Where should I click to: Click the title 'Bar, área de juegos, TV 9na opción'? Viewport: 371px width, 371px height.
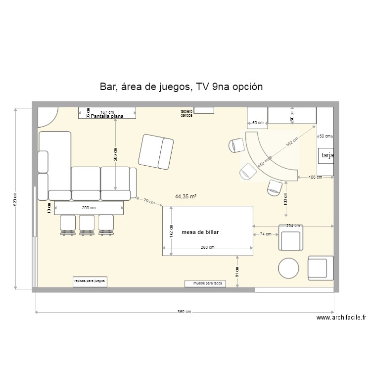tap(181, 87)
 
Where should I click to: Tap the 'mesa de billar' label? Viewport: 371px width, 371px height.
tap(200, 232)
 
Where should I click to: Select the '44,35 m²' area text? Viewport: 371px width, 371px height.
tap(185, 196)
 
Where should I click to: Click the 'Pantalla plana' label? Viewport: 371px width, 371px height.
tap(106, 117)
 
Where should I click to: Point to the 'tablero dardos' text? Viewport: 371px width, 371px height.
tap(186, 113)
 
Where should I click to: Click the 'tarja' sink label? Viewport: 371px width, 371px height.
tap(327, 156)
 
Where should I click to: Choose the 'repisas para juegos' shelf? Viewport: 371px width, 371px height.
tap(90, 281)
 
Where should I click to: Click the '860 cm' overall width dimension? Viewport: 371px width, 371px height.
tap(185, 312)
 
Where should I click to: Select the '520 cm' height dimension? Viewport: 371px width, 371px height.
tap(15, 199)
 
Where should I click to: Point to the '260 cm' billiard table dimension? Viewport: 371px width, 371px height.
tap(208, 247)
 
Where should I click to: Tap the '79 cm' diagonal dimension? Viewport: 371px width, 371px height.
tap(149, 201)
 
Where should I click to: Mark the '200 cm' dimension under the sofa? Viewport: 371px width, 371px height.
tap(89, 208)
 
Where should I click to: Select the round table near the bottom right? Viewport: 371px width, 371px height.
tap(289, 269)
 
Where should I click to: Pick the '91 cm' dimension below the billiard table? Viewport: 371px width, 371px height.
tap(237, 272)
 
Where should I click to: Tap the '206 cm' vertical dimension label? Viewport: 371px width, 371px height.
tap(115, 155)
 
